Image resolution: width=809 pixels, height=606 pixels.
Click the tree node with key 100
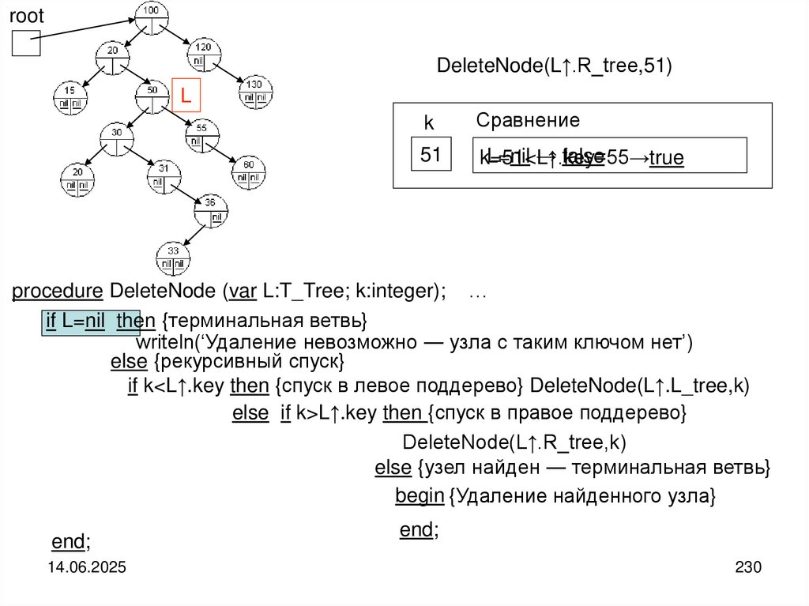coord(152,17)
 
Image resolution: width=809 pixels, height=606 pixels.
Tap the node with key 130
coord(254,90)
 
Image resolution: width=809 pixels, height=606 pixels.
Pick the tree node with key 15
coord(69,96)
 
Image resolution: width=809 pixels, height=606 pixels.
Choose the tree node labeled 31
coord(163,175)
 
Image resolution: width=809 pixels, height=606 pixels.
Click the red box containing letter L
coord(187,95)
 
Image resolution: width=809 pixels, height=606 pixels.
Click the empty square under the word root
coord(25,43)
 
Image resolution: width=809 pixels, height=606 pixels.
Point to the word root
coord(26,16)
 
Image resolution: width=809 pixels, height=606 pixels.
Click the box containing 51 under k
coord(431,155)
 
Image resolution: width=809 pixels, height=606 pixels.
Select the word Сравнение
coord(528,121)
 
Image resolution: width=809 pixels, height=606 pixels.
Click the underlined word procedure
coord(58,292)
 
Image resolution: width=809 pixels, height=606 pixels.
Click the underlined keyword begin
coord(419,496)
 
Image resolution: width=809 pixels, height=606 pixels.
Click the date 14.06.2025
coord(88,568)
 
